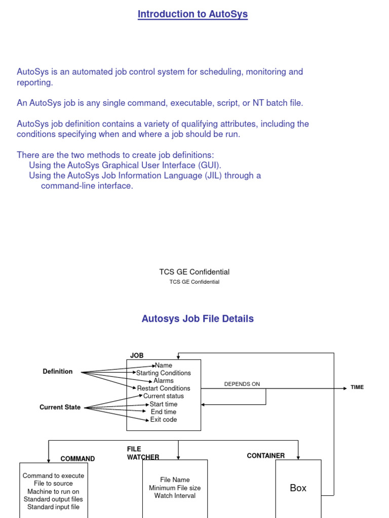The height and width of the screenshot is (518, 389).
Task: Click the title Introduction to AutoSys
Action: [192, 14]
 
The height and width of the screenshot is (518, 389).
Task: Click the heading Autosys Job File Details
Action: [198, 319]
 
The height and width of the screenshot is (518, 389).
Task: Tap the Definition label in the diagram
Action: [58, 371]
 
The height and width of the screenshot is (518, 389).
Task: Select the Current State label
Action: [60, 407]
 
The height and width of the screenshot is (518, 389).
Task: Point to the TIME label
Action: [357, 387]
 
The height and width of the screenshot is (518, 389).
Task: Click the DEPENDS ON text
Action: [242, 384]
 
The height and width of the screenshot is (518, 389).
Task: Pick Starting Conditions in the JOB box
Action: [164, 373]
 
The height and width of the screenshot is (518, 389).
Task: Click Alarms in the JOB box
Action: [164, 380]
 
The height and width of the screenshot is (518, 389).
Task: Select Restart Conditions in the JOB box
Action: [164, 388]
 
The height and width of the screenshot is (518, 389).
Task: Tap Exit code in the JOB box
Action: [164, 419]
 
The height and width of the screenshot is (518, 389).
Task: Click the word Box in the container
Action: [298, 488]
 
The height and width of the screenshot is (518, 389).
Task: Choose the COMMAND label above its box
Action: [77, 459]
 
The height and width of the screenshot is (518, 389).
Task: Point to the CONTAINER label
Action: [266, 456]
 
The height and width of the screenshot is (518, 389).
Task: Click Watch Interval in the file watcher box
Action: [175, 496]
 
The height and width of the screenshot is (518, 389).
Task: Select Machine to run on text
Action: [53, 491]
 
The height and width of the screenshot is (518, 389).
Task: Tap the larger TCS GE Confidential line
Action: [194, 272]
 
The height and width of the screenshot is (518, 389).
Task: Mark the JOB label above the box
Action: [137, 356]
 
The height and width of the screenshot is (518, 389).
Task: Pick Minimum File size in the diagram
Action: [175, 488]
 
